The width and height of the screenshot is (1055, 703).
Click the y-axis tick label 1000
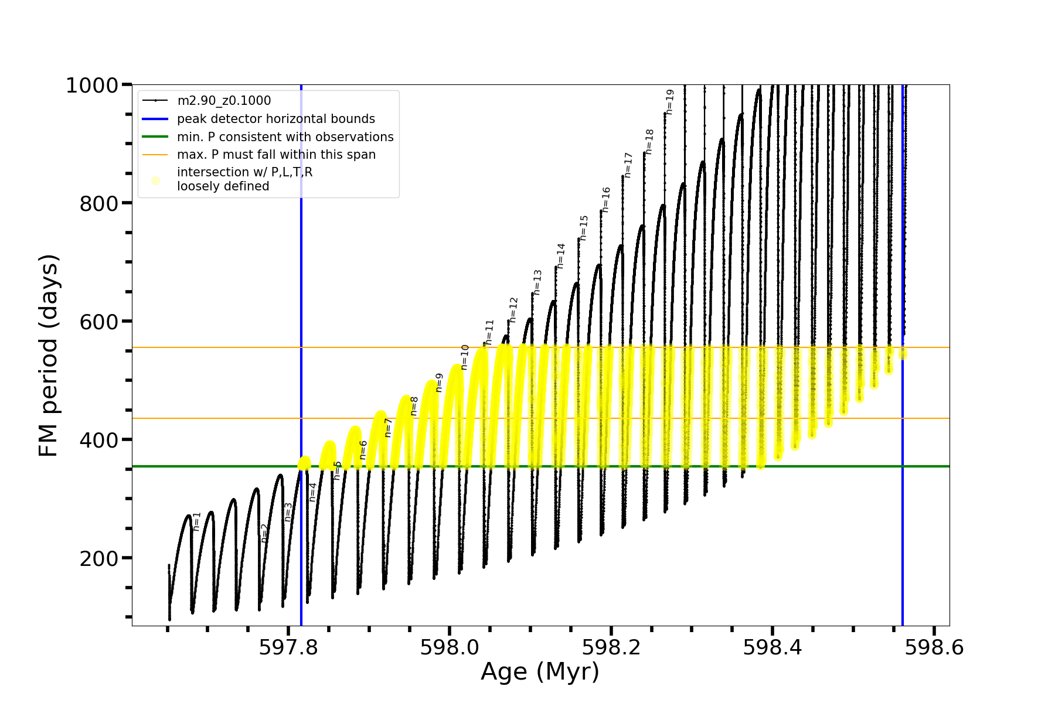(92, 86)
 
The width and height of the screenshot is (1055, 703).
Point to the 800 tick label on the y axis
(98, 204)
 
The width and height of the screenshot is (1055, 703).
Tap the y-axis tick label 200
(98, 559)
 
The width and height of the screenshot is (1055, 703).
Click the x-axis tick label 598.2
(611, 647)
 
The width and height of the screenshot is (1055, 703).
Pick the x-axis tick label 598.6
(934, 647)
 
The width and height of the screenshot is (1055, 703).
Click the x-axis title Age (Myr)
(540, 672)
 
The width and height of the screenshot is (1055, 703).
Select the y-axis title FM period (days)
(49, 356)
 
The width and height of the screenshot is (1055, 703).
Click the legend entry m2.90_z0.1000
(224, 101)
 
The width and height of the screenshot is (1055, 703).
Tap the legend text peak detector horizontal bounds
(276, 119)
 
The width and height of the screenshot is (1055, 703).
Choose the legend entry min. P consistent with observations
(285, 137)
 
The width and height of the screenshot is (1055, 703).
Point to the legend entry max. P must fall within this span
(276, 155)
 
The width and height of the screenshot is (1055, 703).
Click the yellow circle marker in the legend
(155, 180)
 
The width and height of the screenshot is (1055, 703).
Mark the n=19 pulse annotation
(670, 102)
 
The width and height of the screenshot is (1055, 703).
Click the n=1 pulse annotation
(197, 521)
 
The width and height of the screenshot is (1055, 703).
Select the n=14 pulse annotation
(561, 256)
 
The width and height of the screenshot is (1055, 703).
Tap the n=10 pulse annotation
(465, 357)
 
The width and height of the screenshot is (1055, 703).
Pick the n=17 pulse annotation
(628, 165)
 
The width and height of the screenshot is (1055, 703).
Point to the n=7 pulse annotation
(388, 427)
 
